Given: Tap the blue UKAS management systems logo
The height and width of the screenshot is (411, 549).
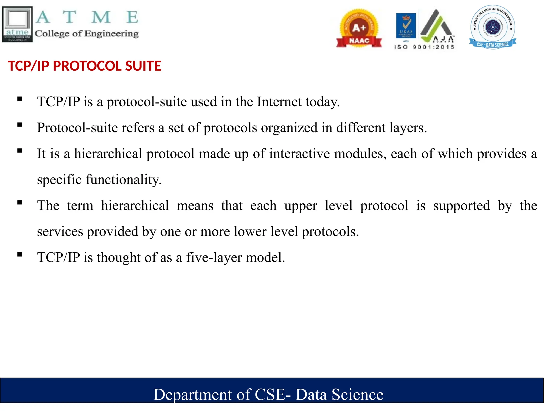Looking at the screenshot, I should coord(406,26).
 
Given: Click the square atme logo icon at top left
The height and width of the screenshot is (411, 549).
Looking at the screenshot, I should coord(17,24).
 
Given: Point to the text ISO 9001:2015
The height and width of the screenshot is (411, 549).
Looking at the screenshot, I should coord(424,47).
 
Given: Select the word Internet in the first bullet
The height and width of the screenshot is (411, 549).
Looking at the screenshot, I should coord(279,102).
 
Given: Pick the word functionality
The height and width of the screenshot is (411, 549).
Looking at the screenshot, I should coord(123,180).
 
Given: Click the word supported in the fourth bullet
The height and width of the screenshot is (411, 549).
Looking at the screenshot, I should coord(462,206).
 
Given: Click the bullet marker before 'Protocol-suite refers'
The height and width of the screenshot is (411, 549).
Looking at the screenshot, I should coord(20,125).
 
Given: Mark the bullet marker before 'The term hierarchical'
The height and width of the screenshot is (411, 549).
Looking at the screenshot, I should coord(20,203).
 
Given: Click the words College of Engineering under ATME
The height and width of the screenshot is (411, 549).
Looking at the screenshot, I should coord(87,34).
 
